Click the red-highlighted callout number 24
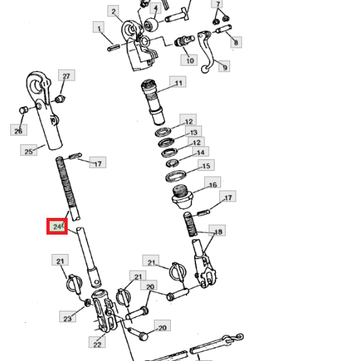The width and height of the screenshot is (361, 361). [x=57, y=226]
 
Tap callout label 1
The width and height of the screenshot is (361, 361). [x=99, y=27]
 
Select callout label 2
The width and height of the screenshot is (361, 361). [x=113, y=11]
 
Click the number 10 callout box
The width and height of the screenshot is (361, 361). [x=189, y=60]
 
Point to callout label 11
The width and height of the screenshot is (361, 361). [x=178, y=82]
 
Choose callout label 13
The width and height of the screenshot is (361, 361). [x=193, y=132]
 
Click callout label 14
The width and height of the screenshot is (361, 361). [x=200, y=152]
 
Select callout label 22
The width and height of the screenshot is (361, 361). [x=97, y=342]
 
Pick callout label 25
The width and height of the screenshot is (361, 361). [x=28, y=150]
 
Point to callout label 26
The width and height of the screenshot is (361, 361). [x=19, y=130]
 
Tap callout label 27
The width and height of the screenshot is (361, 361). [x=66, y=75]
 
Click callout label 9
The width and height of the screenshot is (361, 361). [x=224, y=66]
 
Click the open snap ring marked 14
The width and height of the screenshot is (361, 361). [x=173, y=163]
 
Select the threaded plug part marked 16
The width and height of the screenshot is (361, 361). [x=182, y=197]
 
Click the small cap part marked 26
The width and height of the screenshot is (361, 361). [x=23, y=110]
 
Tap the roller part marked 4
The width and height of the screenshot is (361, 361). [x=151, y=24]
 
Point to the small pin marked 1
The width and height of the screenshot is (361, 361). [x=113, y=47]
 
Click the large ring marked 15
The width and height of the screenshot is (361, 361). [x=176, y=177]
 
